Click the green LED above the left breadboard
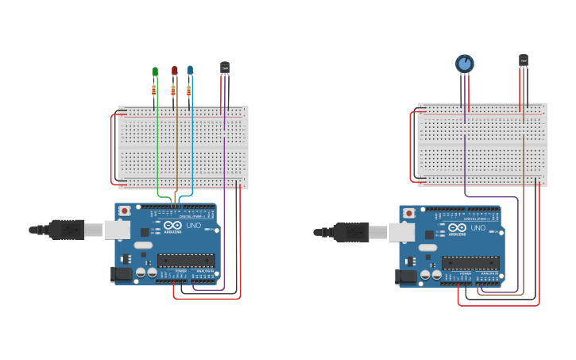pos(155,72)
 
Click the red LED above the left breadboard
pos(174,71)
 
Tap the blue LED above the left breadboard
pos(190,70)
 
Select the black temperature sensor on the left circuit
pos(225,68)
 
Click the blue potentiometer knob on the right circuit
pos(465,63)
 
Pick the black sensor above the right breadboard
pos(524,60)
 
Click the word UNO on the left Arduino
pos(194,226)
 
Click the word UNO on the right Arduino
pos(478,228)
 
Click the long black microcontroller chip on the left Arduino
pos(186,260)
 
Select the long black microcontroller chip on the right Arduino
pos(470,262)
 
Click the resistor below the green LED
pos(154,91)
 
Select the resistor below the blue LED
pos(189,91)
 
